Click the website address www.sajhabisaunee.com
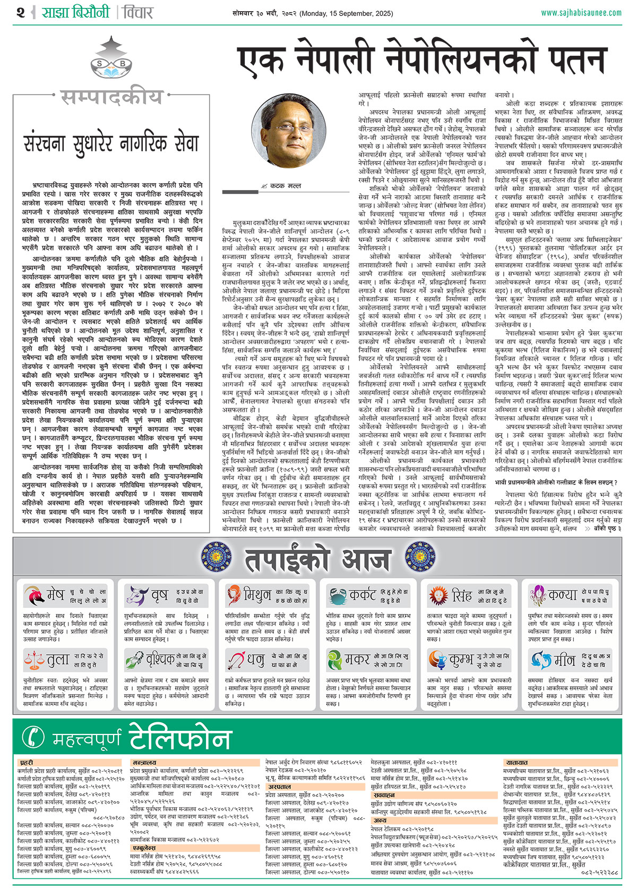click(581, 13)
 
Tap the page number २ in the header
click(21, 12)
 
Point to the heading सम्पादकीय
click(111, 97)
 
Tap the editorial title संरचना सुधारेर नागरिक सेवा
click(111, 144)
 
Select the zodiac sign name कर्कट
click(363, 595)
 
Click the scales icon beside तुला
click(34, 660)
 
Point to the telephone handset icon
click(34, 737)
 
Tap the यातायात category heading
click(517, 763)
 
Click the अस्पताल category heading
click(279, 787)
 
